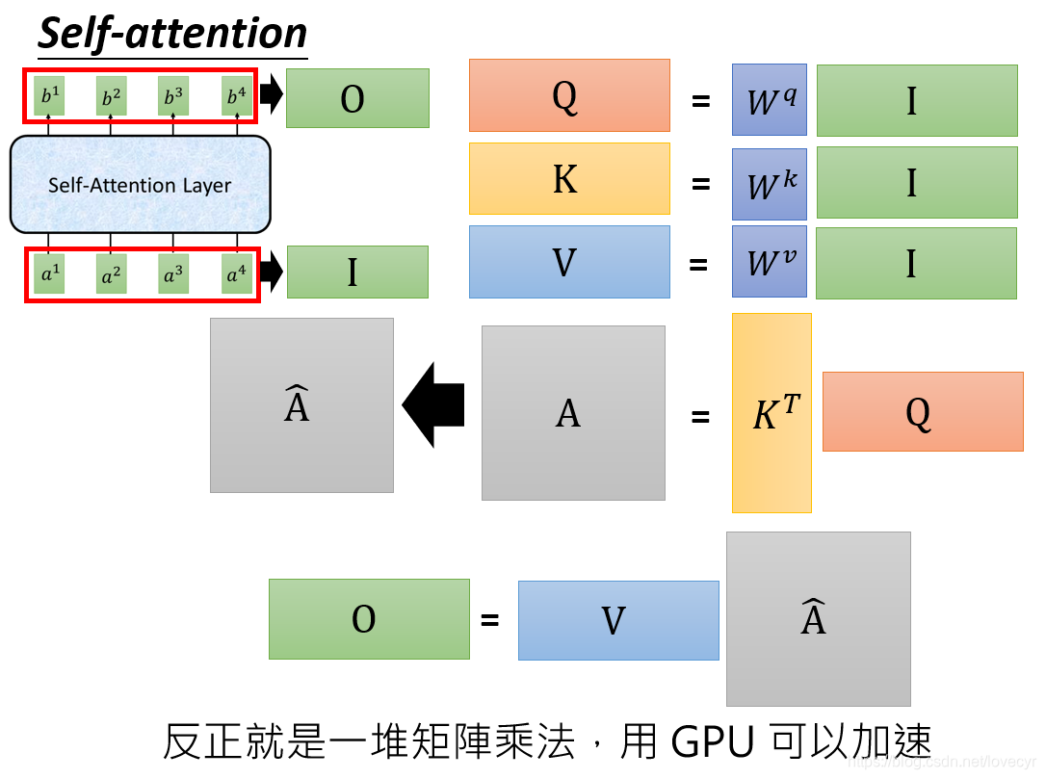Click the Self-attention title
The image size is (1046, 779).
click(x=172, y=33)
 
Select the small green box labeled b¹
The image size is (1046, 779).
click(x=48, y=96)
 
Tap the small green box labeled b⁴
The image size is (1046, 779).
click(x=236, y=96)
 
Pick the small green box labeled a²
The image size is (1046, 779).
click(x=111, y=274)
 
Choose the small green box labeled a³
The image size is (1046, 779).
click(x=173, y=274)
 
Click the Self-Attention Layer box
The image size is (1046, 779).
click(x=140, y=184)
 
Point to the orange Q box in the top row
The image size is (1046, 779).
click(x=569, y=95)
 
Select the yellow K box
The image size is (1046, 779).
click(x=569, y=178)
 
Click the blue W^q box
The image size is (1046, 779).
click(x=769, y=99)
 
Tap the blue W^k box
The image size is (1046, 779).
click(x=769, y=183)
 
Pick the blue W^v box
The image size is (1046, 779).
click(x=769, y=261)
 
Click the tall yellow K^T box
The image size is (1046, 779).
click(x=771, y=413)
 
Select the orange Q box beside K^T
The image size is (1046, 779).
click(x=922, y=411)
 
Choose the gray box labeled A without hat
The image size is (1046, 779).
click(x=573, y=413)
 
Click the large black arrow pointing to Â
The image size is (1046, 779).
click(x=434, y=404)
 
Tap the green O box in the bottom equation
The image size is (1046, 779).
click(x=369, y=619)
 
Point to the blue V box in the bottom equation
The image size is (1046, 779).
click(x=618, y=620)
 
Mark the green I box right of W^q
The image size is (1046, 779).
click(x=917, y=100)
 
